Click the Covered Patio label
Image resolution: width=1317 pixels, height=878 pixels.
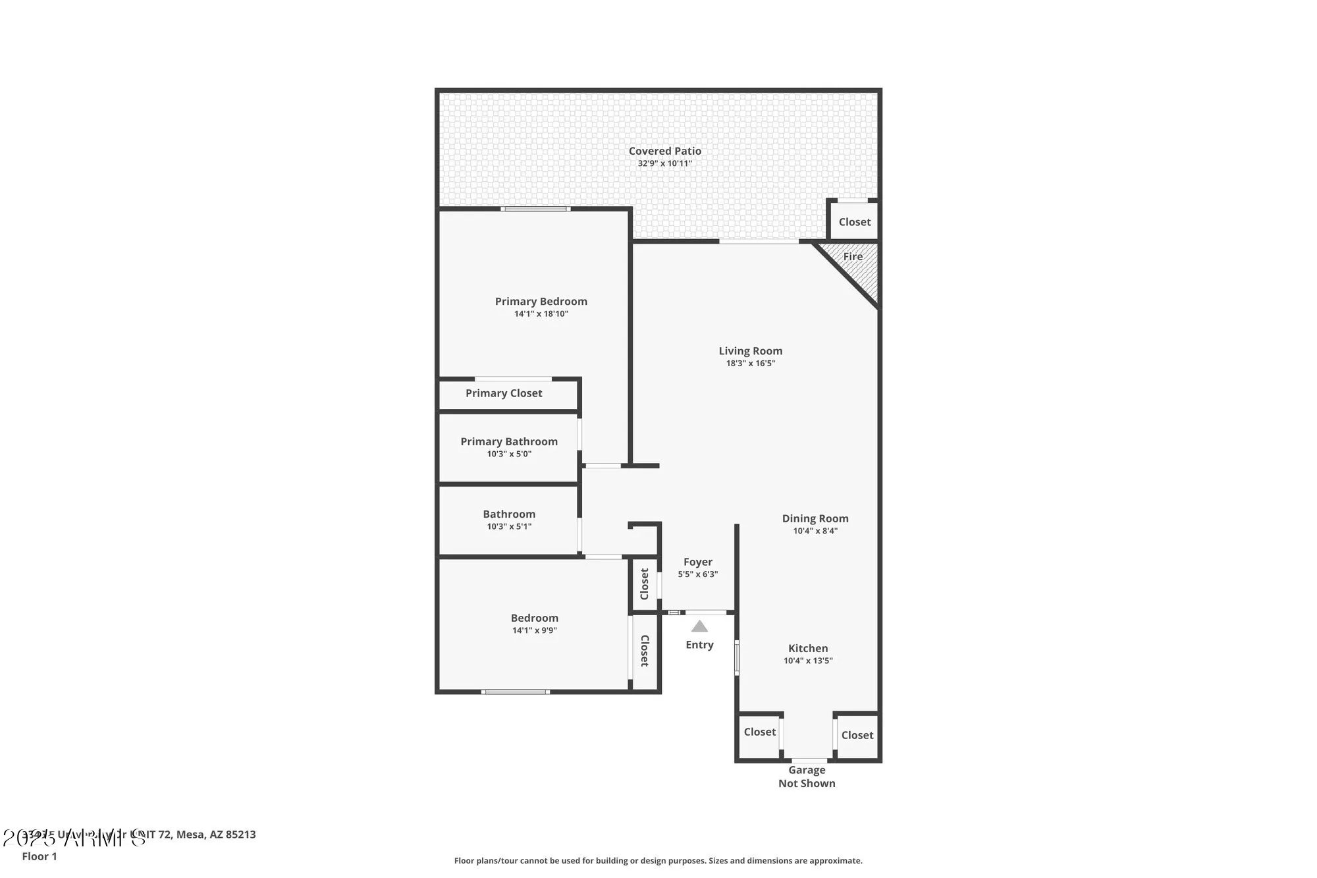pyautogui.click(x=664, y=151)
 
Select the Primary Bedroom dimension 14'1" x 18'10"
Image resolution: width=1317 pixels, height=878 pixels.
pyautogui.click(x=541, y=314)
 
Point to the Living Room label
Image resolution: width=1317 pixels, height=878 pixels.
pyautogui.click(x=750, y=351)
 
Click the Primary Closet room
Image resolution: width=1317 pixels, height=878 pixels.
pyautogui.click(x=504, y=394)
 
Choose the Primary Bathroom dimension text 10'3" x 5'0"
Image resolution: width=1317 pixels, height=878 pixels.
pyautogui.click(x=509, y=454)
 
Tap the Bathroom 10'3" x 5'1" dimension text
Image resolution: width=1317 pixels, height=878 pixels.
pyautogui.click(x=509, y=527)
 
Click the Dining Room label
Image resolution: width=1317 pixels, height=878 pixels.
pyautogui.click(x=815, y=519)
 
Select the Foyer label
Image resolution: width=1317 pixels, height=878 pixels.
pyautogui.click(x=697, y=562)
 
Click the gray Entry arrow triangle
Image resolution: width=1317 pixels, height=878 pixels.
pyautogui.click(x=699, y=627)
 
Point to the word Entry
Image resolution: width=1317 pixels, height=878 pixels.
pyautogui.click(x=699, y=645)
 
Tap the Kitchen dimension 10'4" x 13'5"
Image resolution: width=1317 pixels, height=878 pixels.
pyautogui.click(x=808, y=661)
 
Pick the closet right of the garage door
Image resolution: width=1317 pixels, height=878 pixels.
pyautogui.click(x=857, y=736)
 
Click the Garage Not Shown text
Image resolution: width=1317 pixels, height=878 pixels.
pyautogui.click(x=807, y=777)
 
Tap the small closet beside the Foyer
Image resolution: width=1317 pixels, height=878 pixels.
pyautogui.click(x=645, y=584)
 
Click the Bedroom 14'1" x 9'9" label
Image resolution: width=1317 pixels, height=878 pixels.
pyautogui.click(x=534, y=618)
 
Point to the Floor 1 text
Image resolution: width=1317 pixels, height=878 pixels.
pyautogui.click(x=40, y=856)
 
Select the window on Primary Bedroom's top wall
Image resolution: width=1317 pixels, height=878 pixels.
pyautogui.click(x=535, y=209)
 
